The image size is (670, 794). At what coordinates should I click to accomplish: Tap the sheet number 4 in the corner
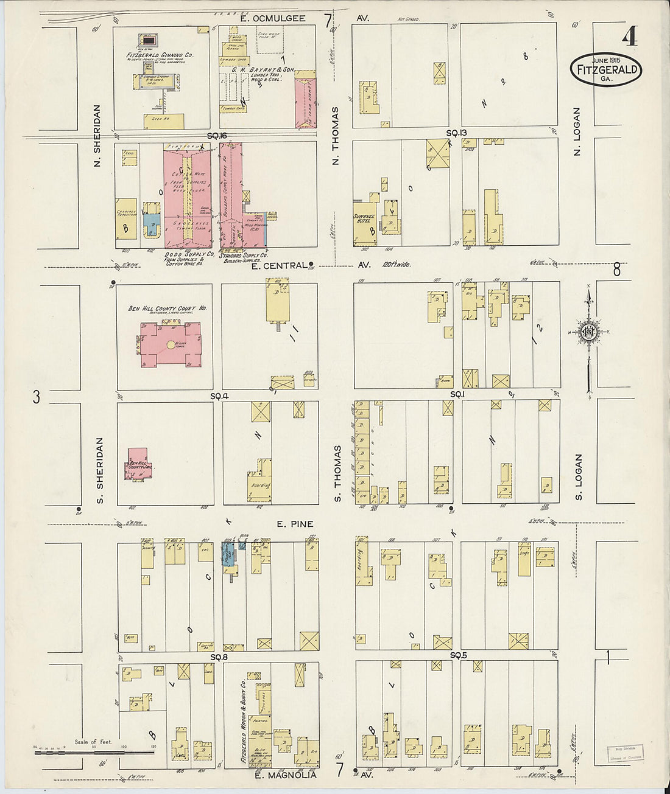pyautogui.click(x=630, y=37)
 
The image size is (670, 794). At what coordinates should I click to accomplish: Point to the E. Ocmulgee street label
pyautogui.click(x=272, y=18)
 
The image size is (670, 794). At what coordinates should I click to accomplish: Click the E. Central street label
pyautogui.click(x=278, y=265)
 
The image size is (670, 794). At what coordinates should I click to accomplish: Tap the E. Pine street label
pyautogui.click(x=295, y=524)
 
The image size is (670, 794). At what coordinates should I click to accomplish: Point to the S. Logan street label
pyautogui.click(x=579, y=477)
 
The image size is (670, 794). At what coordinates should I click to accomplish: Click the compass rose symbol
pyautogui.click(x=588, y=332)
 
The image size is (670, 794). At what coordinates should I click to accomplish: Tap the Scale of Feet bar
pyautogui.click(x=94, y=752)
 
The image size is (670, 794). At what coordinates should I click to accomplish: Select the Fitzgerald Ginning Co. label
pyautogui.click(x=160, y=56)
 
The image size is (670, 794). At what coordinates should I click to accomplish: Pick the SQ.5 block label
pyautogui.click(x=458, y=655)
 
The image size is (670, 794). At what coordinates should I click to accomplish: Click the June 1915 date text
pyautogui.click(x=606, y=60)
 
